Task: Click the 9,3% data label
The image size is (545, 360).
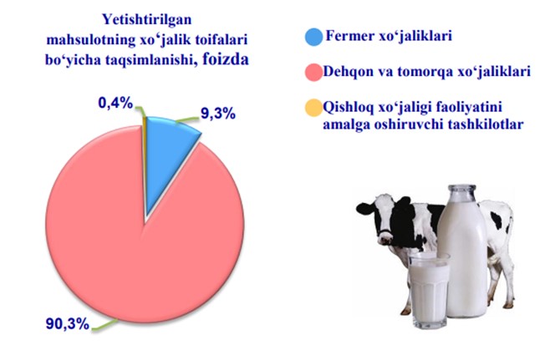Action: click(218, 114)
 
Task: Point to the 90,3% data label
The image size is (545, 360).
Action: click(68, 324)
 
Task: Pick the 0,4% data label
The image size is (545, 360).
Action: click(115, 103)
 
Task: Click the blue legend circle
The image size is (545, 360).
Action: click(313, 37)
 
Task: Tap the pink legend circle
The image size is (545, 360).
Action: click(313, 72)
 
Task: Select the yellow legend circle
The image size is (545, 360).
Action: click(313, 108)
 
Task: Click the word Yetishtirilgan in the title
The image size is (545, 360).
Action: click(146, 20)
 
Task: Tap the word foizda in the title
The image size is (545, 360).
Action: click(226, 59)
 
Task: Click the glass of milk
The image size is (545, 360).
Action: click(430, 290)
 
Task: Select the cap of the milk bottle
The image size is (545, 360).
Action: click(461, 190)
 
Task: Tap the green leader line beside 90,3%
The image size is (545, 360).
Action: click(104, 325)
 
